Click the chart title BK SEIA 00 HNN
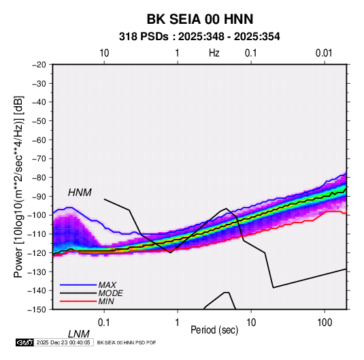pos(200,19)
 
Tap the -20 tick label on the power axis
pos(39,65)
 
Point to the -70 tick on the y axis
pos(39,159)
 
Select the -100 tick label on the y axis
pos(37,215)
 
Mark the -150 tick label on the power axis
pos(37,310)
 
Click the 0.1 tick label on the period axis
pos(104,323)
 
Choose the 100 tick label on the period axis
pos(325,323)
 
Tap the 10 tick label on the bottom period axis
pos(251,323)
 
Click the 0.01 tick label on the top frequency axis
pos(324,53)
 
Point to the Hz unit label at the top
pos(214,53)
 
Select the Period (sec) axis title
pos(214,330)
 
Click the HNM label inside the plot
pos(80,193)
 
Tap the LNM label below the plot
pos(79,334)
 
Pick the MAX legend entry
pos(107,284)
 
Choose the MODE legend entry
pos(110,293)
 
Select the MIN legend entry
pos(106,301)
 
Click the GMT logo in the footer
pos(25,342)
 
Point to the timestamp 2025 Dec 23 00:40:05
pos(63,342)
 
